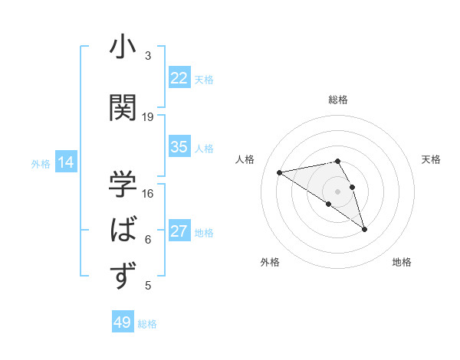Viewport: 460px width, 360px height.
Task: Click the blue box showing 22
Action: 179,77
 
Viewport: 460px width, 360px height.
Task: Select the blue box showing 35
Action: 179,147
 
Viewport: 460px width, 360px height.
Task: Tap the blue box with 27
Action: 179,231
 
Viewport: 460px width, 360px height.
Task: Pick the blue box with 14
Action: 66,162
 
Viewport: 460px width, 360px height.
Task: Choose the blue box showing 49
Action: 123,322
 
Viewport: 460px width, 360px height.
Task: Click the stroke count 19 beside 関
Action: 148,117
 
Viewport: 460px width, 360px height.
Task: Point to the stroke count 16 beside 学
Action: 148,193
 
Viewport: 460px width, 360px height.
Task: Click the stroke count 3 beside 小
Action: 148,56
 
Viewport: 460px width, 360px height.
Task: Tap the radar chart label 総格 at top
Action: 338,100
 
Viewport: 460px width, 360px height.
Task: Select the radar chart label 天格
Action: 432,159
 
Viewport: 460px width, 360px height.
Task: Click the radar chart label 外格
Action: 270,262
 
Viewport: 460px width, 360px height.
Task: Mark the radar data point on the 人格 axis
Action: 280,172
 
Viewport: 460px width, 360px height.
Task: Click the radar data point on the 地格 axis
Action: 364,229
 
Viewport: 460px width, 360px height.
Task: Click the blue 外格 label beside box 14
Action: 40,163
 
